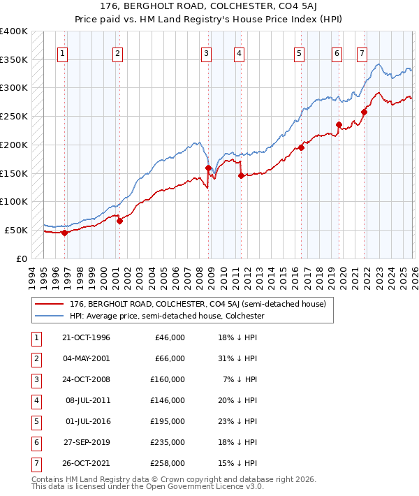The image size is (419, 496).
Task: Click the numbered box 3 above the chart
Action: [207, 52]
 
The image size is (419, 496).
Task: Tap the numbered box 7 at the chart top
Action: [362, 52]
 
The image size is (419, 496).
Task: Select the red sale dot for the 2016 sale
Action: [301, 147]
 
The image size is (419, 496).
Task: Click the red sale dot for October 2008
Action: [209, 168]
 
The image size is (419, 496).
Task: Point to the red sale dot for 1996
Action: [64, 233]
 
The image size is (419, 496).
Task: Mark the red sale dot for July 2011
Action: [240, 175]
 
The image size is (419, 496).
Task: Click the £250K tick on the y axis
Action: [14, 116]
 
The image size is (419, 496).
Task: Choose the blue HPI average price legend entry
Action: [166, 316]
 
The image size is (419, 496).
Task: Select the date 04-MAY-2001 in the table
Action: [86, 358]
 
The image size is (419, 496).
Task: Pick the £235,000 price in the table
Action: [170, 442]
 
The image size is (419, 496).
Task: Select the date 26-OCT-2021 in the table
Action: [86, 463]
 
